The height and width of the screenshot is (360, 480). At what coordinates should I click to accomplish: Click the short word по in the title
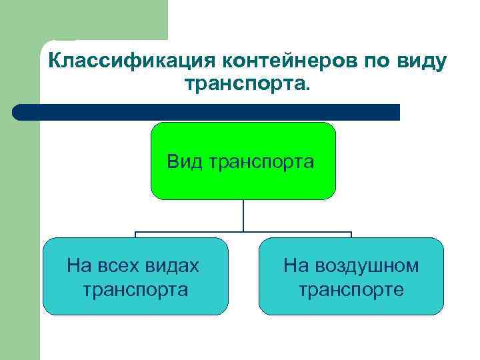(x=377, y=61)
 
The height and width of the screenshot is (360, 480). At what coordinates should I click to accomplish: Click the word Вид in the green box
(x=186, y=161)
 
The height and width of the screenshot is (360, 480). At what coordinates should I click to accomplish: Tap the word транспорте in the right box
(x=351, y=289)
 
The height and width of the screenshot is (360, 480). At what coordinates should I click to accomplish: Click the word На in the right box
(x=295, y=266)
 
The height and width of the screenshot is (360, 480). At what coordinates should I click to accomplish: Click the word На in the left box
(x=79, y=266)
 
